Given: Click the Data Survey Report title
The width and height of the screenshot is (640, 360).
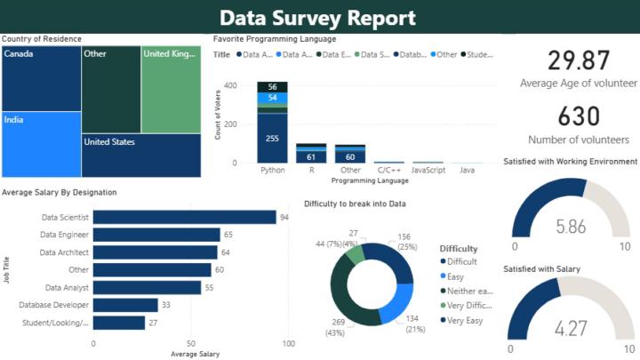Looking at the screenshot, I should tap(317, 18).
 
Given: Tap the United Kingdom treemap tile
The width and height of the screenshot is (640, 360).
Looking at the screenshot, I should tap(171, 89).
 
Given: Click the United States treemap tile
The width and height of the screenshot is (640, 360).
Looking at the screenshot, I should tap(140, 155).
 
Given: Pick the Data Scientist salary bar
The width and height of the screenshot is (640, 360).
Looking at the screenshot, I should tap(185, 217).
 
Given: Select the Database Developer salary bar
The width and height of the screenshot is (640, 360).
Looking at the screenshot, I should tap(125, 305).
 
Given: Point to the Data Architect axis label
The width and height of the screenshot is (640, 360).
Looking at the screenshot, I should tap(66, 252).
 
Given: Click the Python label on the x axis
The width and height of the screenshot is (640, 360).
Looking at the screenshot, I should tap(272, 169).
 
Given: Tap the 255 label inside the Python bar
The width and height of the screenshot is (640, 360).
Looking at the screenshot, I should tap(272, 138).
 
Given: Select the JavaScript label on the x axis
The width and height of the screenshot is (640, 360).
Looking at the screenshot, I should tap(428, 169).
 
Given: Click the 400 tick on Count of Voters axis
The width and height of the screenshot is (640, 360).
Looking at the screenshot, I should tap(229, 86).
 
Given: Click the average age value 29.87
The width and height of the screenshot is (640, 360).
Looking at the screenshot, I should tap(579, 60).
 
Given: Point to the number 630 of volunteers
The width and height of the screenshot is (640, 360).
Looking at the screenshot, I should tap(579, 116).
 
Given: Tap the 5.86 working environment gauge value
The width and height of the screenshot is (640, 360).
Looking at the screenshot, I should tap(571, 227).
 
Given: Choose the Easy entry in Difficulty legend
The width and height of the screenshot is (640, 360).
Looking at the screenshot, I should tap(455, 276).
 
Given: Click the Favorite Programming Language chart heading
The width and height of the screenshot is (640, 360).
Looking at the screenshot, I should tap(275, 39).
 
